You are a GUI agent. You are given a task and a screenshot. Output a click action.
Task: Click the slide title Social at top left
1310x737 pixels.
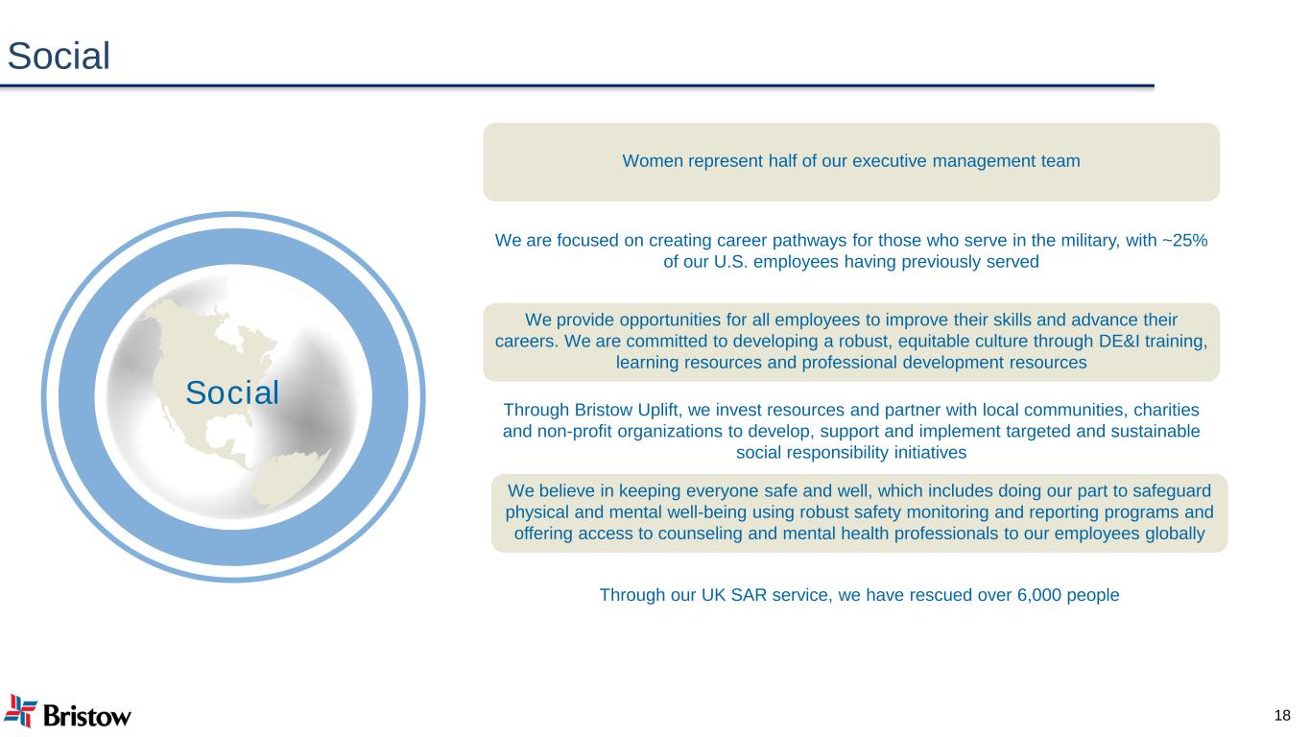coord(59,57)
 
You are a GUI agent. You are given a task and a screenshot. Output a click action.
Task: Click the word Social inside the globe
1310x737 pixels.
coord(232,392)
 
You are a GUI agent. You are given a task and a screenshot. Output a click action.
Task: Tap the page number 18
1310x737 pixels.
coord(1282,715)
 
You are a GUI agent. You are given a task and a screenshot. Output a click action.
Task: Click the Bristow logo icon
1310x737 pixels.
coord(20,711)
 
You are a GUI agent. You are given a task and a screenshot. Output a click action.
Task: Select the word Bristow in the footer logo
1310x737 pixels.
coord(87,716)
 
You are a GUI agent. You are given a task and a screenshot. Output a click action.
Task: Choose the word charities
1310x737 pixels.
coord(1166,410)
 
